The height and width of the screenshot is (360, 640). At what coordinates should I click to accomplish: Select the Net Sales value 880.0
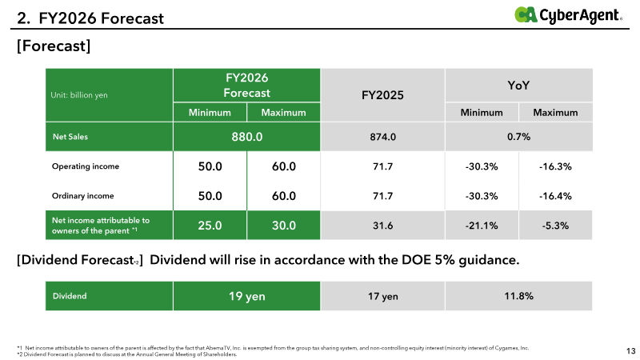247,137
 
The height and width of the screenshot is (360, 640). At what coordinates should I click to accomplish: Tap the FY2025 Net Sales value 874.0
382,137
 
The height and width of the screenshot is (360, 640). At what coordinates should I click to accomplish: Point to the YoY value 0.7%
519,137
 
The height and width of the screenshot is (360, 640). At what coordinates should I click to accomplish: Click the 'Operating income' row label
86,166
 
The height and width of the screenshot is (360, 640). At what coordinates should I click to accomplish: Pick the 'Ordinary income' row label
83,196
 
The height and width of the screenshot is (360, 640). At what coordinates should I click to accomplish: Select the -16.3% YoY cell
555,166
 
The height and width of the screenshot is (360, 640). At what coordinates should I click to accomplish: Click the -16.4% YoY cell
555,196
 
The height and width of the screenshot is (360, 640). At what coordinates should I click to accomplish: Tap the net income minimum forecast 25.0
210,226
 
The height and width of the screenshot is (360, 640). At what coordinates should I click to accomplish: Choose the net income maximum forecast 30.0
284,226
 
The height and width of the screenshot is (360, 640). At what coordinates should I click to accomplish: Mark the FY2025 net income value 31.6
382,226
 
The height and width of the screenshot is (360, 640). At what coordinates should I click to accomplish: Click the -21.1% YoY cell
482,226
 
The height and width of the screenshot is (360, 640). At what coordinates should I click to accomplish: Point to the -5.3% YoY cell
555,226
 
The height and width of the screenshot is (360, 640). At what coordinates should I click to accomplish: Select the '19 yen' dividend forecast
247,296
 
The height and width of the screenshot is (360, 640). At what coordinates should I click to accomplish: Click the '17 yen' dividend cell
382,296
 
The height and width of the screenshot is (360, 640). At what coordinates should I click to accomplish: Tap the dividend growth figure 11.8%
519,296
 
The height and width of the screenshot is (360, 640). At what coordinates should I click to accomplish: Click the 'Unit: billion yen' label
80,96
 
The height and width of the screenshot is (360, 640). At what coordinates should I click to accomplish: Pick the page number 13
630,350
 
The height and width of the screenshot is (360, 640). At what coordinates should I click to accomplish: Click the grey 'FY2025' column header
382,95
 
